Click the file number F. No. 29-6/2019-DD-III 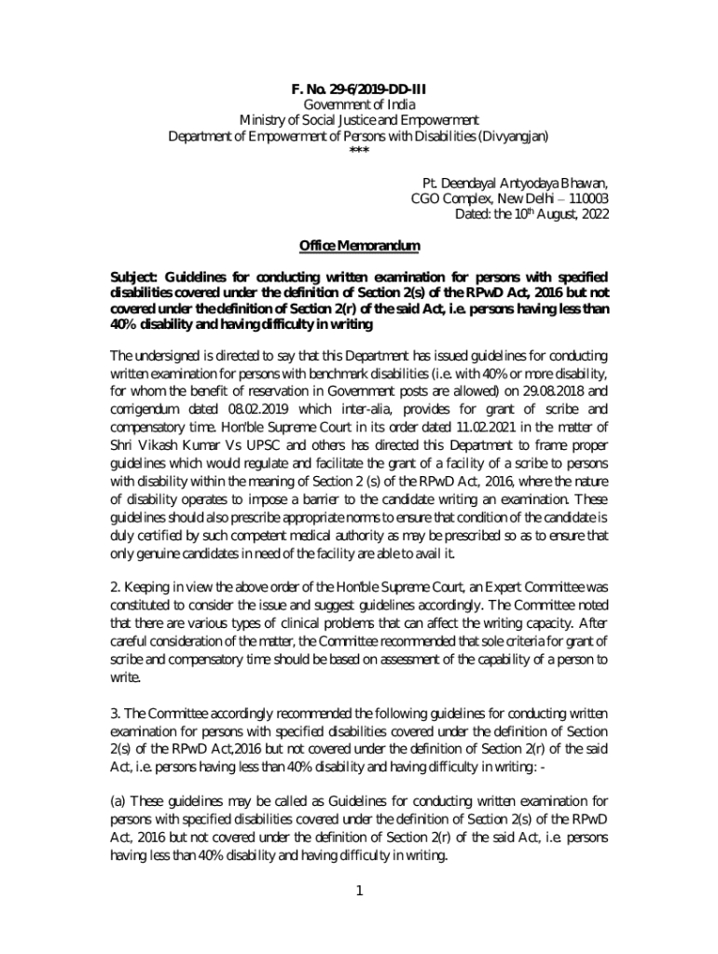359,89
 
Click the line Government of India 359,105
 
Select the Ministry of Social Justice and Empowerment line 359,120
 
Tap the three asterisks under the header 358,152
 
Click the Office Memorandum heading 359,246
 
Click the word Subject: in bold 135,279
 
